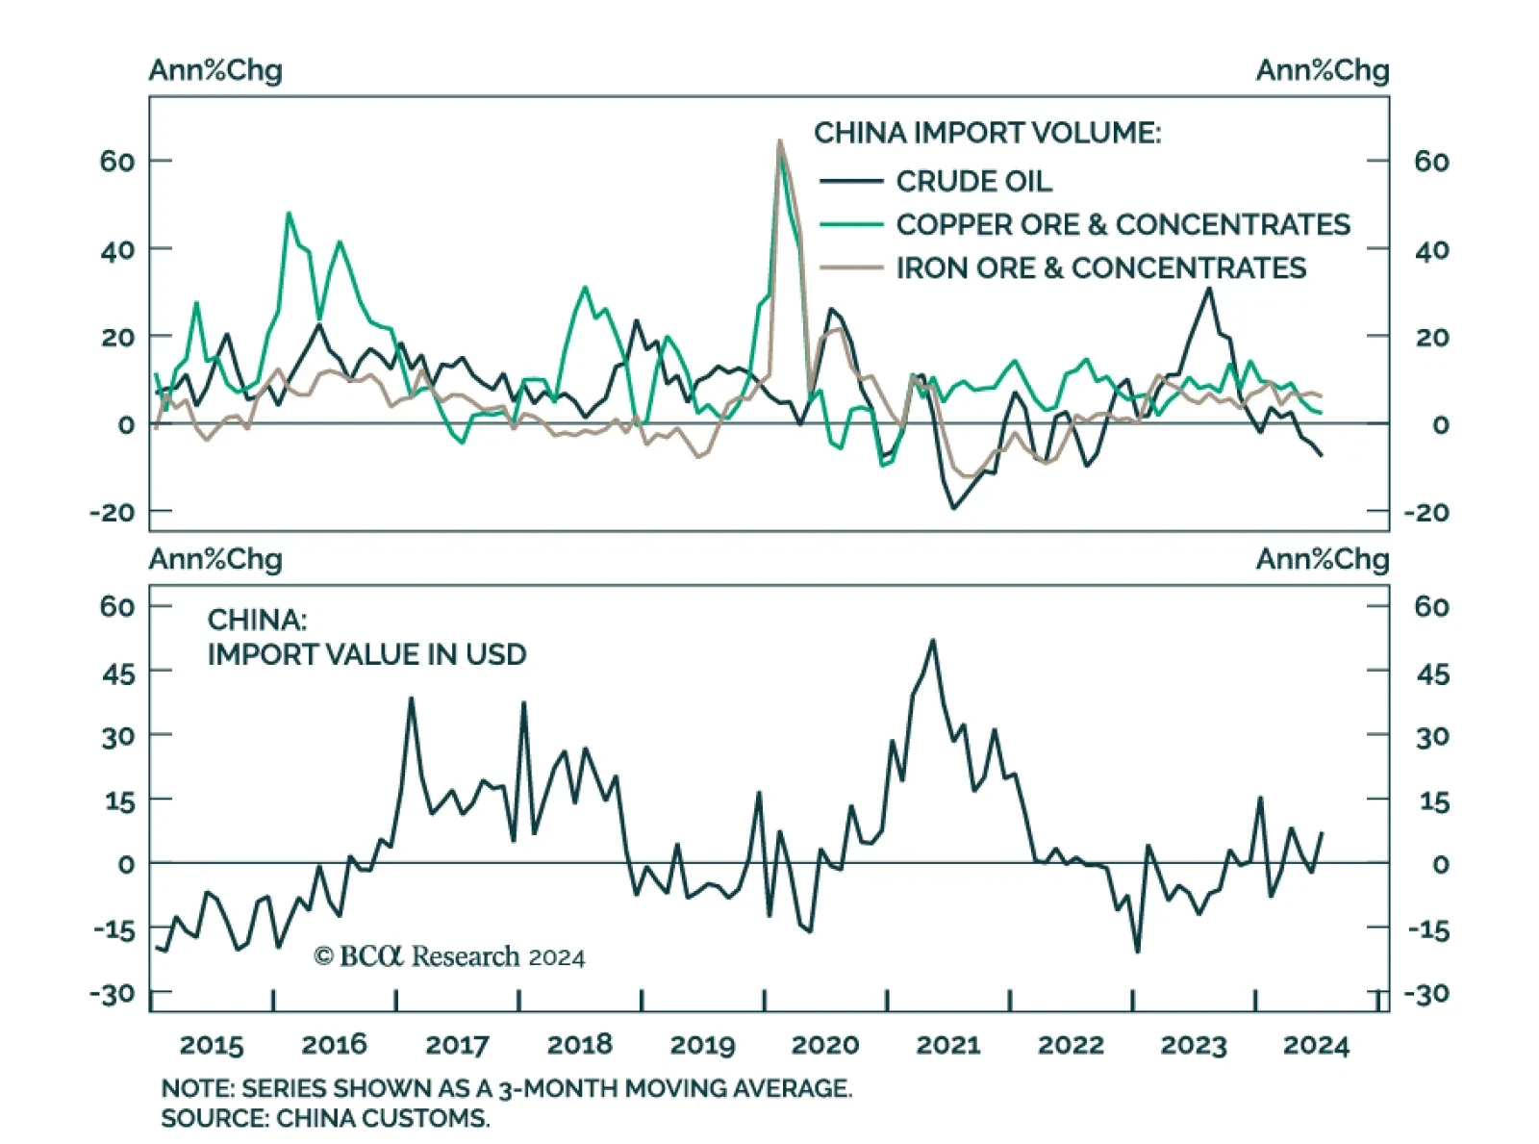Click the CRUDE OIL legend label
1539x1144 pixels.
tap(973, 181)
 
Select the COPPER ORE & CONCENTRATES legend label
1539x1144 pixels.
tap(1123, 224)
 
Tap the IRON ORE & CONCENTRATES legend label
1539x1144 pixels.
tap(1100, 267)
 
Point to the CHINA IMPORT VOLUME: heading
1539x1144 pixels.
tap(987, 133)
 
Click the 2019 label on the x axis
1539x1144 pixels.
tap(702, 1045)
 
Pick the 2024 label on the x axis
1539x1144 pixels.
tap(1316, 1045)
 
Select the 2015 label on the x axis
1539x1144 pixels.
tap(212, 1045)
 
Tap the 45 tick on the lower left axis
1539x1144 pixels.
tap(119, 674)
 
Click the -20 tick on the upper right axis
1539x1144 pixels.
tap(1426, 512)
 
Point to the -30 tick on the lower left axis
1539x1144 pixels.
tap(113, 993)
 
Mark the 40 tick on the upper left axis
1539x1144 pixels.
tap(117, 250)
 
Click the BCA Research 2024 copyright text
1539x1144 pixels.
tap(449, 956)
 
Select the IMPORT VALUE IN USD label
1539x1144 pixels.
tap(366, 654)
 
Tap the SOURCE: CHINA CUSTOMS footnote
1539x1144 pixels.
tap(325, 1118)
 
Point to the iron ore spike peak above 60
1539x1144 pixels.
tap(779, 140)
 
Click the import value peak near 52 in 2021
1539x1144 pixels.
tap(932, 640)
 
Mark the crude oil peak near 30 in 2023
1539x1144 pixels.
tap(1209, 289)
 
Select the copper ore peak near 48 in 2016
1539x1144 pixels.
tap(289, 214)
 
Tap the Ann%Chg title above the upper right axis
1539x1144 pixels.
tap(1322, 70)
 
